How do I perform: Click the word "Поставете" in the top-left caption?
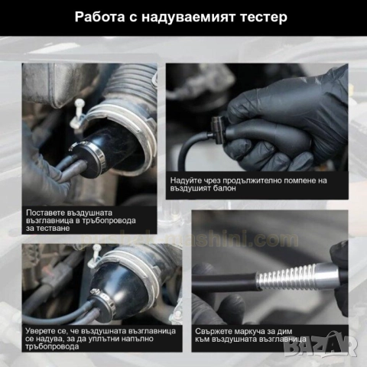[x=47, y=212]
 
